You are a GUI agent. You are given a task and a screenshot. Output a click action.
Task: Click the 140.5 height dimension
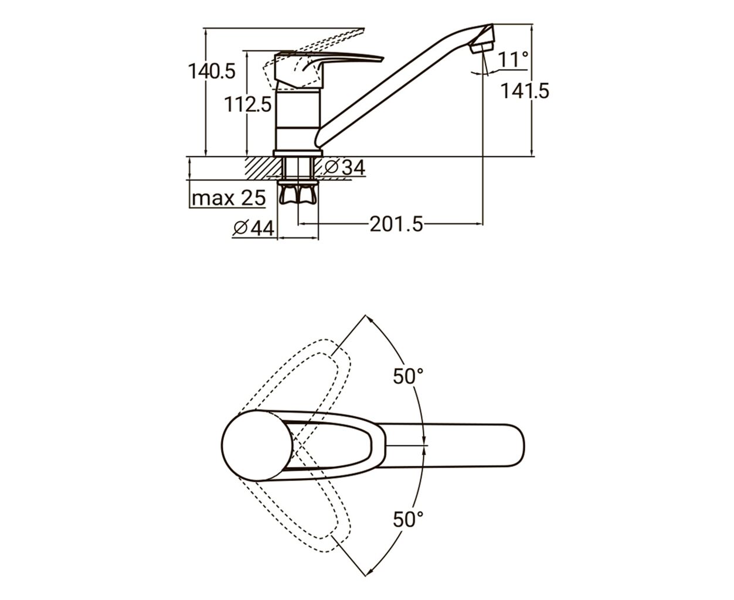click(212, 71)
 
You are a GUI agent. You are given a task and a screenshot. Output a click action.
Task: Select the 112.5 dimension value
click(247, 104)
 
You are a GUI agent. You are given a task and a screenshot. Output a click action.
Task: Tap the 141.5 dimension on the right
click(525, 91)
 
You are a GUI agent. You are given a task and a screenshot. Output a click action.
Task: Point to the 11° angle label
click(514, 59)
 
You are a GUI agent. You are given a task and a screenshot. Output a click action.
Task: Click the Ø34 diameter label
click(345, 168)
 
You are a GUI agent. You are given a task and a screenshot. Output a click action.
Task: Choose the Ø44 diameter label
click(254, 228)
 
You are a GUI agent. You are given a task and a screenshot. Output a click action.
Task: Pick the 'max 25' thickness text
click(229, 198)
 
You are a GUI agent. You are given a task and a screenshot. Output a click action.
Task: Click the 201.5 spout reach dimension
click(396, 224)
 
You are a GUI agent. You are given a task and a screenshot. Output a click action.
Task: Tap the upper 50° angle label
click(408, 376)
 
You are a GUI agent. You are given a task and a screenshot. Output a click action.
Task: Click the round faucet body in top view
click(257, 445)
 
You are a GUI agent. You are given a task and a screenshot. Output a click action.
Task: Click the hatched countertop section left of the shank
click(263, 168)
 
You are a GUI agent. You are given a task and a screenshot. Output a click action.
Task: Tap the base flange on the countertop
click(298, 154)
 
